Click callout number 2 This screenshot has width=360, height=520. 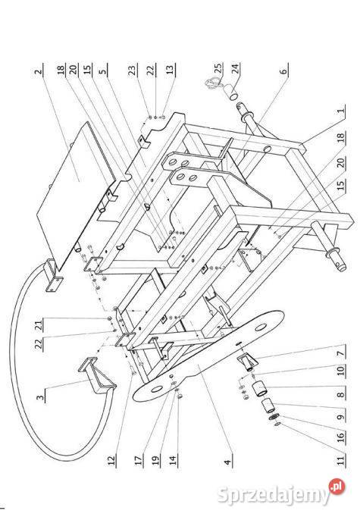pyautogui.click(x=39, y=70)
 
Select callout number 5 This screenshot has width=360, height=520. pyautogui.click(x=103, y=70)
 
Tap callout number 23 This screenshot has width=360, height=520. pyautogui.click(x=133, y=70)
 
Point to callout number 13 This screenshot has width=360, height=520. pyautogui.click(x=170, y=70)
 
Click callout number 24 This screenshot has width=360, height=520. pyautogui.click(x=235, y=68)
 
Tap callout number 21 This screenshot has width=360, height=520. pyautogui.click(x=39, y=324)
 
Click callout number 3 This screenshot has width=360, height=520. pyautogui.click(x=39, y=396)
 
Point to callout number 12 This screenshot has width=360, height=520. pyautogui.click(x=111, y=460)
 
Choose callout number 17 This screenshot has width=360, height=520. pyautogui.click(x=139, y=460)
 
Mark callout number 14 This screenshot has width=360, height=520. pyautogui.click(x=173, y=460)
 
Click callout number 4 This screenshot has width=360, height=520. pyautogui.click(x=227, y=462)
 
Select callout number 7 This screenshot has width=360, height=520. pyautogui.click(x=341, y=352)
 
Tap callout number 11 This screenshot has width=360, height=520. pyautogui.click(x=341, y=460)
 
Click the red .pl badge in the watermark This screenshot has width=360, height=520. pyautogui.click(x=337, y=487)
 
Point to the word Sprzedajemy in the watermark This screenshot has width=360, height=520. pyautogui.click(x=274, y=494)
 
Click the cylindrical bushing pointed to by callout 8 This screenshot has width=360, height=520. pyautogui.click(x=259, y=390)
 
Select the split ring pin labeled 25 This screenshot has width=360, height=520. pyautogui.click(x=214, y=82)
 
